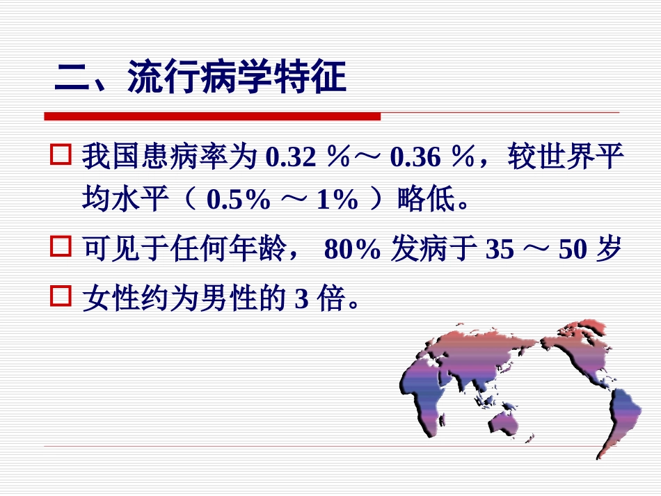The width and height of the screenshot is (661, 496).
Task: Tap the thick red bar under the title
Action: tap(212, 116)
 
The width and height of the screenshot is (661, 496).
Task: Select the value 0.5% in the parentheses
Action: tap(239, 200)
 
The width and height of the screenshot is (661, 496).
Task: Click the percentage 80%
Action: tap(352, 249)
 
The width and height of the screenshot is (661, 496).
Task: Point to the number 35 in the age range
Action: tap(499, 249)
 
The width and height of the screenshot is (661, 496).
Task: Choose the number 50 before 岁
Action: tap(573, 249)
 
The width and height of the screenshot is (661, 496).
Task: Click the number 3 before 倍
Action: tap(301, 301)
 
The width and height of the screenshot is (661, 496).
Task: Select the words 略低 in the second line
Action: tap(420, 200)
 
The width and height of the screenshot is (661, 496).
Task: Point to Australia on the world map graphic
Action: tap(506, 421)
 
